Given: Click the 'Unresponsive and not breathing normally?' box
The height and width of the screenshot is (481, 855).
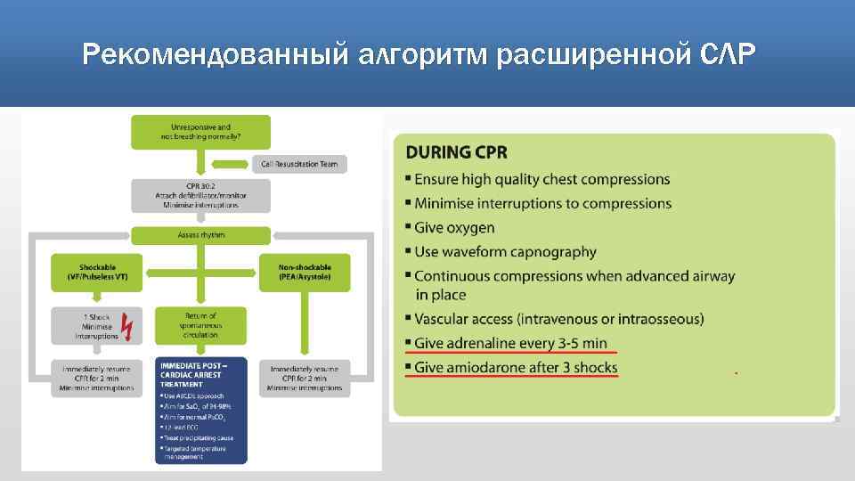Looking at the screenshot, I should [201, 131].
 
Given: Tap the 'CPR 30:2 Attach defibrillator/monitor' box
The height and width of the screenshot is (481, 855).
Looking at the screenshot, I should [201, 195].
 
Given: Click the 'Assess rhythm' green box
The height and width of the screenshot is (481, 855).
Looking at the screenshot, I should [201, 235].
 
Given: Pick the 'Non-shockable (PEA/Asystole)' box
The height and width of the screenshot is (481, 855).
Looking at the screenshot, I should [305, 272].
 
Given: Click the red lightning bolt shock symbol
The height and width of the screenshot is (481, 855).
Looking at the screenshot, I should [127, 327].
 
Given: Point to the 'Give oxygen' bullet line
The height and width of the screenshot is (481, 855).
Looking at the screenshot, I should [454, 227].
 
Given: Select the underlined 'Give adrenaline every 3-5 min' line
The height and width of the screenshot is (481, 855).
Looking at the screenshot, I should [511, 343].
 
